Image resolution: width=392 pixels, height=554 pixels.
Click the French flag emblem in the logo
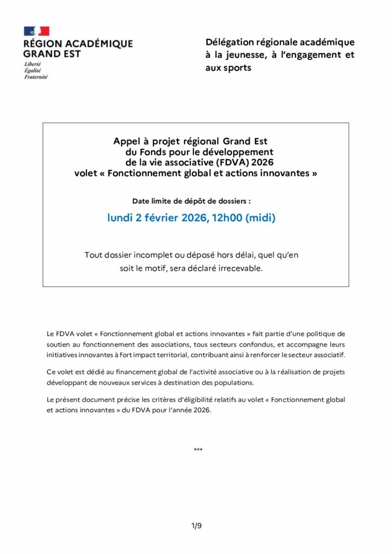pos(36,31)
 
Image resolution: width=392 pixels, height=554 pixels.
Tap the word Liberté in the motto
pos(33,64)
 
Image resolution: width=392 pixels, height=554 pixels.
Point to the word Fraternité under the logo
pos(36,77)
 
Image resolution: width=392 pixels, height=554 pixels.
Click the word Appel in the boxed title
pos(126,142)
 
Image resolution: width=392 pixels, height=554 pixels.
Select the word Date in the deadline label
pos(141,201)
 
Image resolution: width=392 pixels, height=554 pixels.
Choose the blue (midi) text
pos(261,218)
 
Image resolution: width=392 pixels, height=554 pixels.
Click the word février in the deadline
pos(160,218)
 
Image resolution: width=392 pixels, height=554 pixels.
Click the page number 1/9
pos(196,525)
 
